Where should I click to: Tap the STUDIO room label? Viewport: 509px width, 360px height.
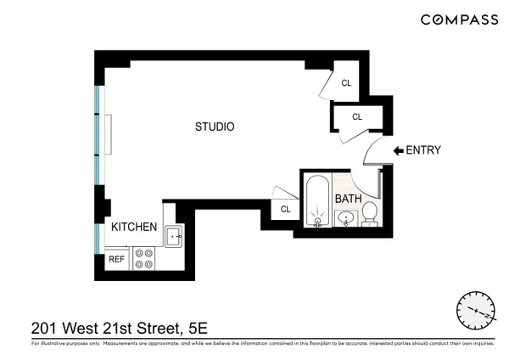click(215, 127)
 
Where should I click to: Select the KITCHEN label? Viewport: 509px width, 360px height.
click(134, 227)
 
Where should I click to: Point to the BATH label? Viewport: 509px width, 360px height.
click(348, 199)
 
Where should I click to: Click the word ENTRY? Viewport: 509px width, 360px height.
click(423, 151)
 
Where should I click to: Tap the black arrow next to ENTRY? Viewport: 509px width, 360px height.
click(398, 151)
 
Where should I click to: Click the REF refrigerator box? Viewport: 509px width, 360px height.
click(116, 260)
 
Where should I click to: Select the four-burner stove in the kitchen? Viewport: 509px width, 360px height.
click(144, 259)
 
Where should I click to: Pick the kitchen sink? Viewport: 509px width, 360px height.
click(174, 236)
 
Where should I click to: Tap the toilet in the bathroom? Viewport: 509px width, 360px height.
click(370, 217)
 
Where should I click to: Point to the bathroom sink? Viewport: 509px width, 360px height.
click(346, 220)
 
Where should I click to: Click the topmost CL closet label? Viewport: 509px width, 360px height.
click(346, 83)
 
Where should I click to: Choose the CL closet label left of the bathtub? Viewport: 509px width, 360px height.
click(285, 209)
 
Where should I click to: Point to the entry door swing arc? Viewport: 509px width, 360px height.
click(370, 153)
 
